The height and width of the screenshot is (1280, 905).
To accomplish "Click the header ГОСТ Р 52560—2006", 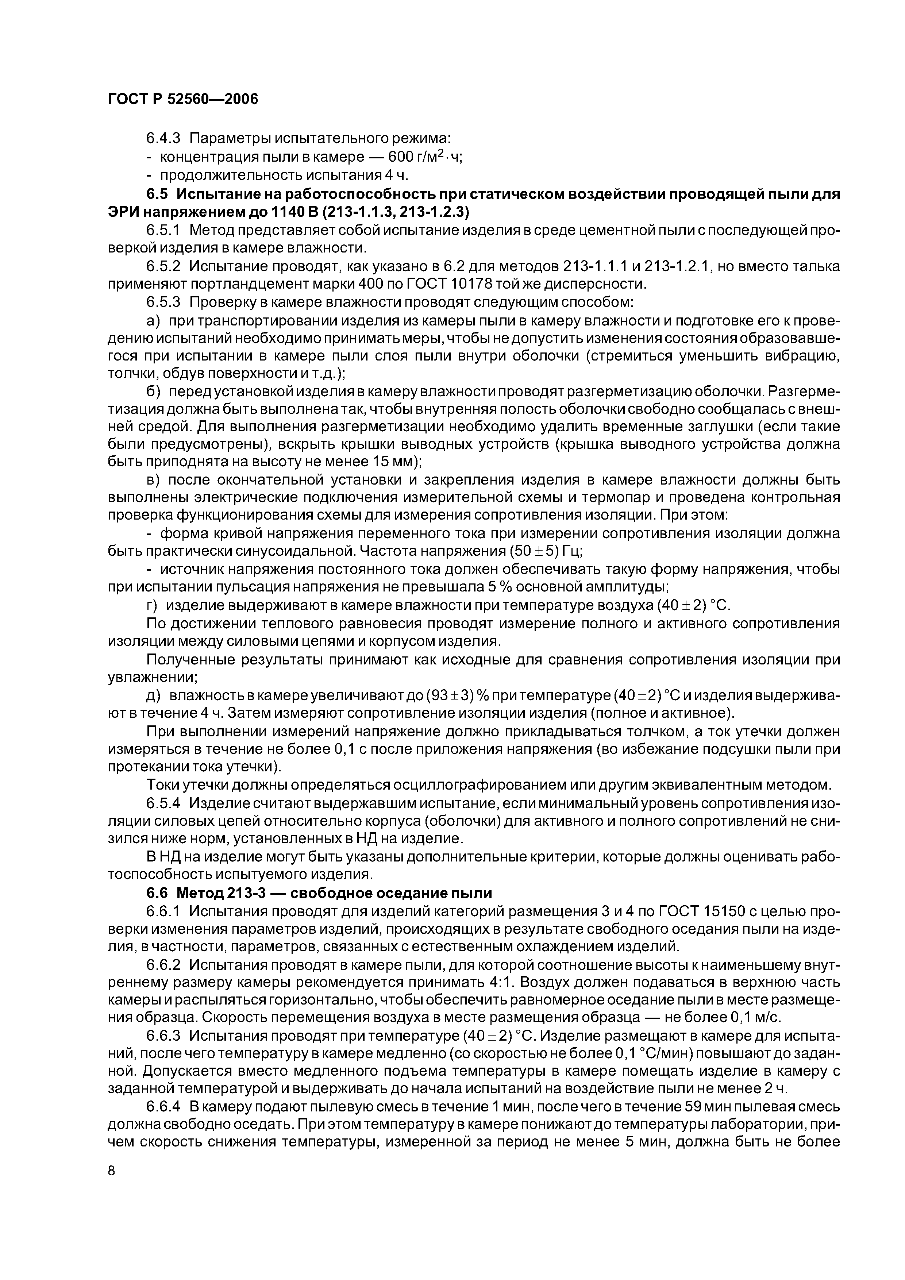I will (183, 99).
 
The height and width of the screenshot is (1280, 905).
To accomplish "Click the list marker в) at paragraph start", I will (154, 480).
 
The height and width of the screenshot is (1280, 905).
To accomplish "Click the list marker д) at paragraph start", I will (154, 696).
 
